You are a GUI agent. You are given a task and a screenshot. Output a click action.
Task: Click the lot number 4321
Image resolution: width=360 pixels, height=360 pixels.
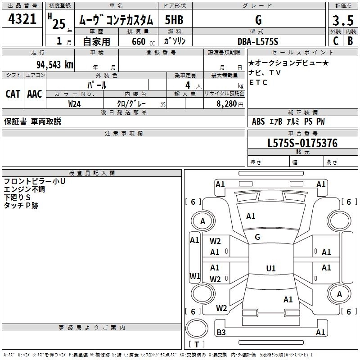coord(22,19)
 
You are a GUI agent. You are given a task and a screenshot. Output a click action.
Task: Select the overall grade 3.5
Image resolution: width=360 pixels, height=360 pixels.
coord(343,20)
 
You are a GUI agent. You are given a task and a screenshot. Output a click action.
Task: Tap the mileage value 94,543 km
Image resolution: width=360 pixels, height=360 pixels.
coord(55,65)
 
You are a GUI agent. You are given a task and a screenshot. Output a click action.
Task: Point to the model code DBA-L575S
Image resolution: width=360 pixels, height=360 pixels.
coord(258,41)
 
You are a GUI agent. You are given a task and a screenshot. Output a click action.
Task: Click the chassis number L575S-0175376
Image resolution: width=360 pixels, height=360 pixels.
coord(302,143)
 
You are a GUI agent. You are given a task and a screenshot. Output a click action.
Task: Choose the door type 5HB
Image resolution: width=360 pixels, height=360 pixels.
coord(174,20)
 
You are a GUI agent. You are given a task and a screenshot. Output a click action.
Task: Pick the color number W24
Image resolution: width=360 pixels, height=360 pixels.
coord(74,104)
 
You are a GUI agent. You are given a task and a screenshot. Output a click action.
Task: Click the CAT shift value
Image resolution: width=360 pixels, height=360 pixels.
coord(13,94)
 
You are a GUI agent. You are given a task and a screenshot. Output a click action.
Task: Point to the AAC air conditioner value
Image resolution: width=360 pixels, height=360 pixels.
coord(35,94)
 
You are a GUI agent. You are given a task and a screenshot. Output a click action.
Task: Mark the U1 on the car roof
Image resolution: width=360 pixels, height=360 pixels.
coord(271,268)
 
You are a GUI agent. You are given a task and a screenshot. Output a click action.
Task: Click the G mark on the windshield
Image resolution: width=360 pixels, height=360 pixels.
coord(257,237)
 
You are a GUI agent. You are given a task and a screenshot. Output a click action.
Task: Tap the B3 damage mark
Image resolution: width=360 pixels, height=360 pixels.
coord(221,332)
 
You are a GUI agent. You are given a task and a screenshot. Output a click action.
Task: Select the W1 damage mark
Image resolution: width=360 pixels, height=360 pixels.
coord(195,276)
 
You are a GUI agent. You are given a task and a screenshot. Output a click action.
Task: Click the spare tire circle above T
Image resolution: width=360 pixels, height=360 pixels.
coord(197,328)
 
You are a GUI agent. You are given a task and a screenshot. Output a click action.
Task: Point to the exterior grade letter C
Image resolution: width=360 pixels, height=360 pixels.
coord(336,41)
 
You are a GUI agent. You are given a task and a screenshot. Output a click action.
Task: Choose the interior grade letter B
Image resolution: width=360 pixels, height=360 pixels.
coord(351,41)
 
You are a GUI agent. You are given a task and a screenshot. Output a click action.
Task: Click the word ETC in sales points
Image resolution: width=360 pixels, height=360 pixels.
coord(258,82)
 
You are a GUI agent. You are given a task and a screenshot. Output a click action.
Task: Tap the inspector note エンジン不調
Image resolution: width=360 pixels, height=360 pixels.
coord(24,189)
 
